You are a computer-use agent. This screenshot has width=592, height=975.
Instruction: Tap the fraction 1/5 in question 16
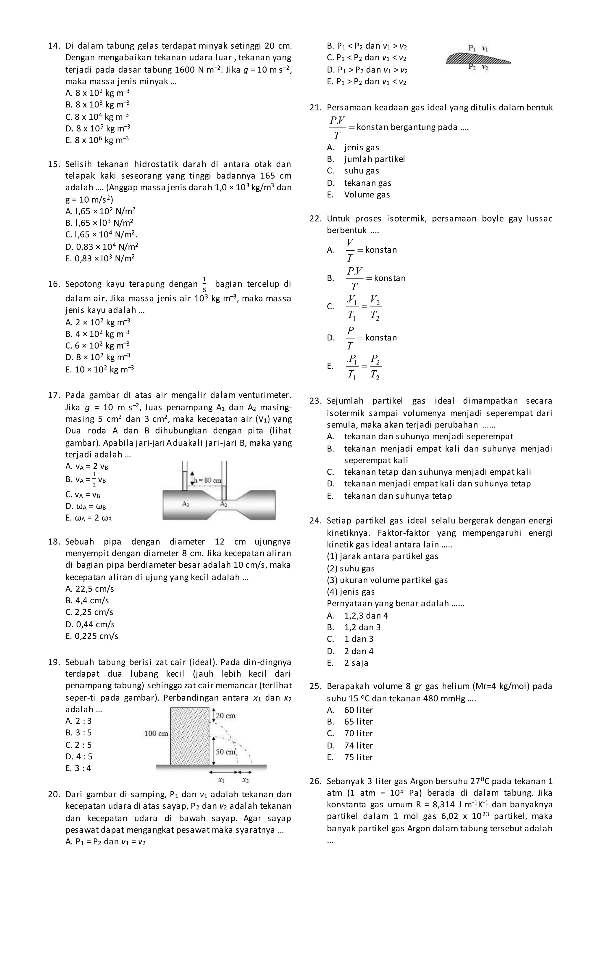point(204,284)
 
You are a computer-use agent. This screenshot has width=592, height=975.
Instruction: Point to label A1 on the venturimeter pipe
point(186,504)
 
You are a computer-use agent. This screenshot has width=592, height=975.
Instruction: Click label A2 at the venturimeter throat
point(223,504)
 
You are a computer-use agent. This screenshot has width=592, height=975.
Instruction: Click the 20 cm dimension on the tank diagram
point(225,715)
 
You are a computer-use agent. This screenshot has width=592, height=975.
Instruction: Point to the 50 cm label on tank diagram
point(225,752)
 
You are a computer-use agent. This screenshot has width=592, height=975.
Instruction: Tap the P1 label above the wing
point(472,48)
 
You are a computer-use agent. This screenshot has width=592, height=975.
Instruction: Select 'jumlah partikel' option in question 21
point(374,159)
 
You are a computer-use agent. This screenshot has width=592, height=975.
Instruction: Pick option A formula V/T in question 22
point(350,250)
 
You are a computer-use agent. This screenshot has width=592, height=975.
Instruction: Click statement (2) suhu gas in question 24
point(351,568)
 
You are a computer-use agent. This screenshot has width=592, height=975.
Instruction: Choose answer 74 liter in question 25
point(358,745)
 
